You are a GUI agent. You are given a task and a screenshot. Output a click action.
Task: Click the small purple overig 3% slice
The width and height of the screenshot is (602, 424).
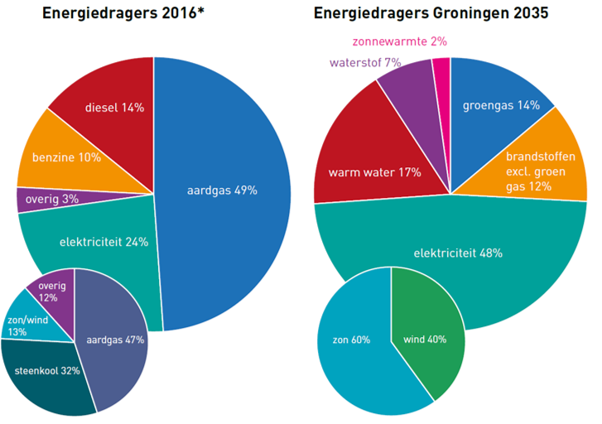point(50,200)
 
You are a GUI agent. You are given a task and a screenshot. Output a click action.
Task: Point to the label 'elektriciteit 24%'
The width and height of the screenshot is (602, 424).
point(104,242)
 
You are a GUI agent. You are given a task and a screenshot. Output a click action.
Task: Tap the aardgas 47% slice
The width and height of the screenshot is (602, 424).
point(115,339)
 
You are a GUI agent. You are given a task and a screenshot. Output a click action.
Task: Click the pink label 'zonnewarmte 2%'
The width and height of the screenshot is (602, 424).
point(400,41)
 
